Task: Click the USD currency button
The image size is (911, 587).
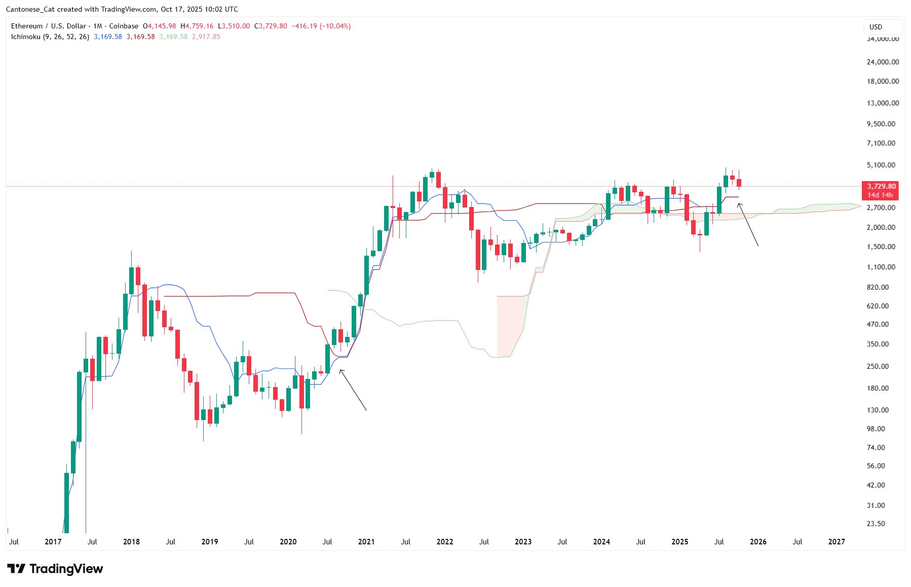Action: point(882,27)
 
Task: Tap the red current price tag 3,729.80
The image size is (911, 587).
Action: point(881,187)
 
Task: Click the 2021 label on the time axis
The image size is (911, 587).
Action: point(366,542)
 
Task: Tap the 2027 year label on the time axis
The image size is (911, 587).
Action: point(836,542)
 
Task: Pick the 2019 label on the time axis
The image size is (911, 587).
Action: point(210,542)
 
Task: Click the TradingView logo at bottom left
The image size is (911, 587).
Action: point(55,569)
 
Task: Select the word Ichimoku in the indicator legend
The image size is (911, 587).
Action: point(25,37)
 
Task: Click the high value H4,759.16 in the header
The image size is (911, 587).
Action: point(197,26)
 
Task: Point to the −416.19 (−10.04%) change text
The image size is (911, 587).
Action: point(321,26)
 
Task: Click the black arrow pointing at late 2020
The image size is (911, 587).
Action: point(353,390)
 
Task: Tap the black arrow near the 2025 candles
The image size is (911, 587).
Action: point(748,224)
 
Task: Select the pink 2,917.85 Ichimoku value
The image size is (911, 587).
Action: point(206,37)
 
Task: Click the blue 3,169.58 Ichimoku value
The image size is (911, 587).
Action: point(108,37)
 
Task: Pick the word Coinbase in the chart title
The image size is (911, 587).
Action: point(124,26)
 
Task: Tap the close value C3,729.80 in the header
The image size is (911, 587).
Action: point(271,26)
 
